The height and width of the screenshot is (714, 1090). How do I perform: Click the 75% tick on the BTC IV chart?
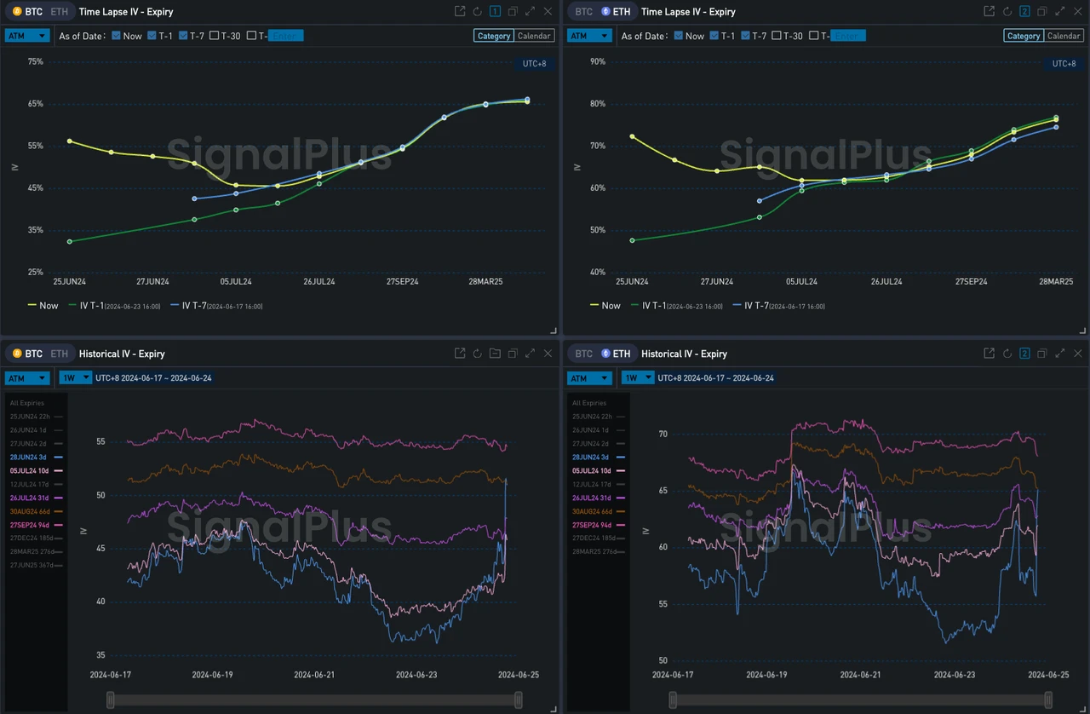35,61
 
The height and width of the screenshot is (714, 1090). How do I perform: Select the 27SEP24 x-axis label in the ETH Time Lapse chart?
971,281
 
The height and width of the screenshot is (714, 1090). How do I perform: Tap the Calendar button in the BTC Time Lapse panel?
535,36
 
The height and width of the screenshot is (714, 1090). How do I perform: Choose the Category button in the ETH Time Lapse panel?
1023,36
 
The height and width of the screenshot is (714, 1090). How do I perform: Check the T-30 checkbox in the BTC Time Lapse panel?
214,36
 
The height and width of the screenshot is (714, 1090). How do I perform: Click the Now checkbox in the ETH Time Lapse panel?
678,36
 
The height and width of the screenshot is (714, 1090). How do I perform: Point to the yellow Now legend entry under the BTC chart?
43,305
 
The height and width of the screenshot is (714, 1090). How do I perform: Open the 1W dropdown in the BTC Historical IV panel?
75,377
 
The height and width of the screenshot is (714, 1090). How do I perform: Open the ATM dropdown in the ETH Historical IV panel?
590,377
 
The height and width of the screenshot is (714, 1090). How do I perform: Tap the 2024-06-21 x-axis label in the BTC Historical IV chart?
314,675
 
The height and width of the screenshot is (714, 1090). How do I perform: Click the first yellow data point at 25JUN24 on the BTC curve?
70,141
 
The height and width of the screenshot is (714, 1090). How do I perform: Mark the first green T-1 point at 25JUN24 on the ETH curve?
632,240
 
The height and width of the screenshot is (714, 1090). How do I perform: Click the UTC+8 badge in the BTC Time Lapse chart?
534,64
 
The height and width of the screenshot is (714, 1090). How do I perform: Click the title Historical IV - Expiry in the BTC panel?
121,354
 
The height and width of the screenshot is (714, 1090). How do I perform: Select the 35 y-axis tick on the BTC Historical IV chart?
100,655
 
